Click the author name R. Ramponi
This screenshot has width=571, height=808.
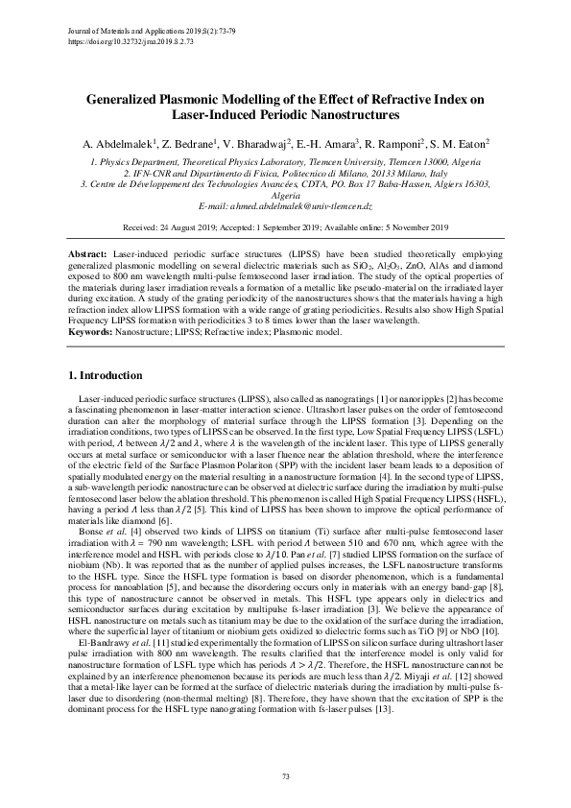tap(391, 142)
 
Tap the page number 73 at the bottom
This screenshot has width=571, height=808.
tap(285, 774)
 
